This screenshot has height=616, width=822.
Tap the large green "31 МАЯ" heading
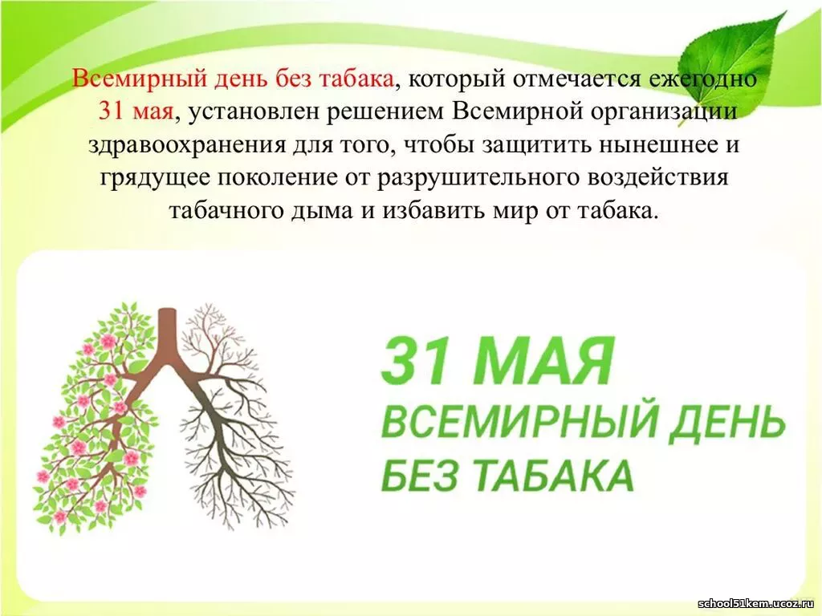pyautogui.click(x=496, y=361)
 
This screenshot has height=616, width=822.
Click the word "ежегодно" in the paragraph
pyautogui.click(x=702, y=79)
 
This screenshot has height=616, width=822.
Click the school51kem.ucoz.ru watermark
pyautogui.click(x=758, y=603)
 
